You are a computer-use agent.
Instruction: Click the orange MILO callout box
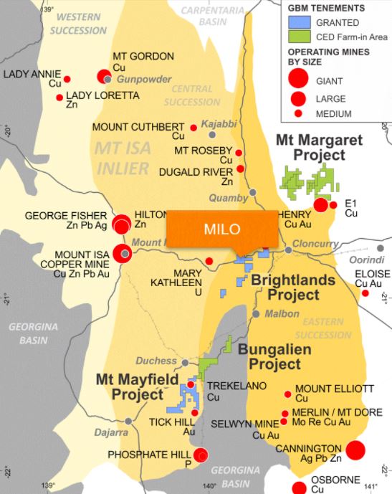(221, 230)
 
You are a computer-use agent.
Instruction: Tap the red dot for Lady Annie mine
(67, 79)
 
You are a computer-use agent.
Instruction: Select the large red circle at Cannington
(356, 450)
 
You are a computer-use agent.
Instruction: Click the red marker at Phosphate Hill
(201, 454)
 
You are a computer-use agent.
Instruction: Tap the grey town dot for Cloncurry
(289, 250)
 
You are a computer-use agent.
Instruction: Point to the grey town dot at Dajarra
(128, 421)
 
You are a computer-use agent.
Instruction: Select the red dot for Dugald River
(241, 168)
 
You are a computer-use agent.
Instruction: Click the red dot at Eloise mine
(365, 293)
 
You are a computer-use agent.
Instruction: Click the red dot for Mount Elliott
(288, 394)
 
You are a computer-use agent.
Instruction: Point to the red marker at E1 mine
(320, 205)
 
